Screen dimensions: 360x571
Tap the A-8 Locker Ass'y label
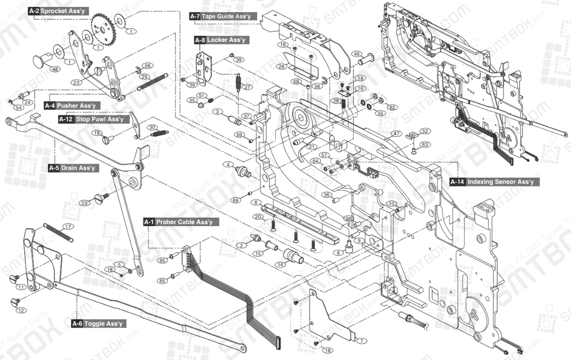click(x=220, y=40)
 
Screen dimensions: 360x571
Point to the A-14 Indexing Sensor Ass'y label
click(x=495, y=182)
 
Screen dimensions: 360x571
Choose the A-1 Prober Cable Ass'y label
click(x=181, y=222)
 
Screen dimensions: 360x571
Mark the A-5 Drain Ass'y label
click(x=73, y=168)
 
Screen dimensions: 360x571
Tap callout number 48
click(x=55, y=69)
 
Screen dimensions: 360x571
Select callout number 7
click(x=361, y=341)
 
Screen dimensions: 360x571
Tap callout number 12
click(x=20, y=311)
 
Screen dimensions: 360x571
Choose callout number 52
click(x=424, y=131)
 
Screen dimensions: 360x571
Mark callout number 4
click(x=229, y=165)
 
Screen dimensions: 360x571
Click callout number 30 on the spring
click(x=152, y=127)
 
